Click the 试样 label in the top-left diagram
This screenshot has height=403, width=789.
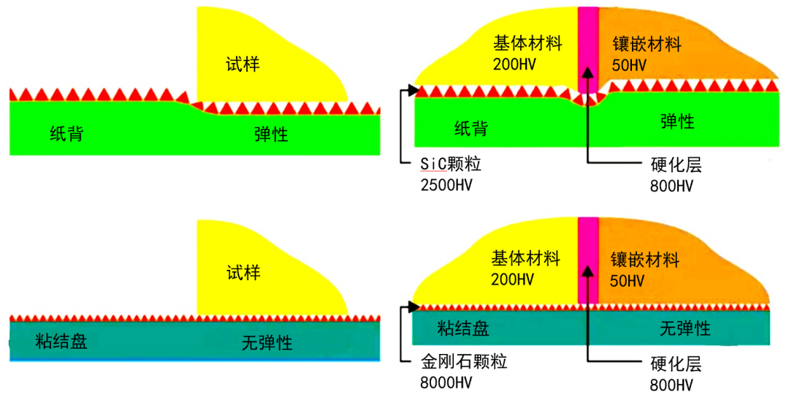243,64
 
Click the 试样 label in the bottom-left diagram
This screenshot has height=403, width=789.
243,274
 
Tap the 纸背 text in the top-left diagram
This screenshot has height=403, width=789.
66,134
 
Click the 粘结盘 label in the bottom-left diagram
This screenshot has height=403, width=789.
61,341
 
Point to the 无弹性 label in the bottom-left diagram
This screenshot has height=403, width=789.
267,342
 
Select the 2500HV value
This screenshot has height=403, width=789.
447,184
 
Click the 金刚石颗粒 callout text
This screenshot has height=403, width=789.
464,361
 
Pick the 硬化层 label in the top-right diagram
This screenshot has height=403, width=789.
676,165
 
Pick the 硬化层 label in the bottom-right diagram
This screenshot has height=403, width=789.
676,364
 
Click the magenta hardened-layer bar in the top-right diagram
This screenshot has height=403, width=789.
588,44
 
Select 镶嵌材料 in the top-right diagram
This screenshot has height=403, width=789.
647,45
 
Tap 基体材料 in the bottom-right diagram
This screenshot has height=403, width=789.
526,258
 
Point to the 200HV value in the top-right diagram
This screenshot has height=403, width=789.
515,64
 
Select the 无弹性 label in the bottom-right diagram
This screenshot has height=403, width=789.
685,328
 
